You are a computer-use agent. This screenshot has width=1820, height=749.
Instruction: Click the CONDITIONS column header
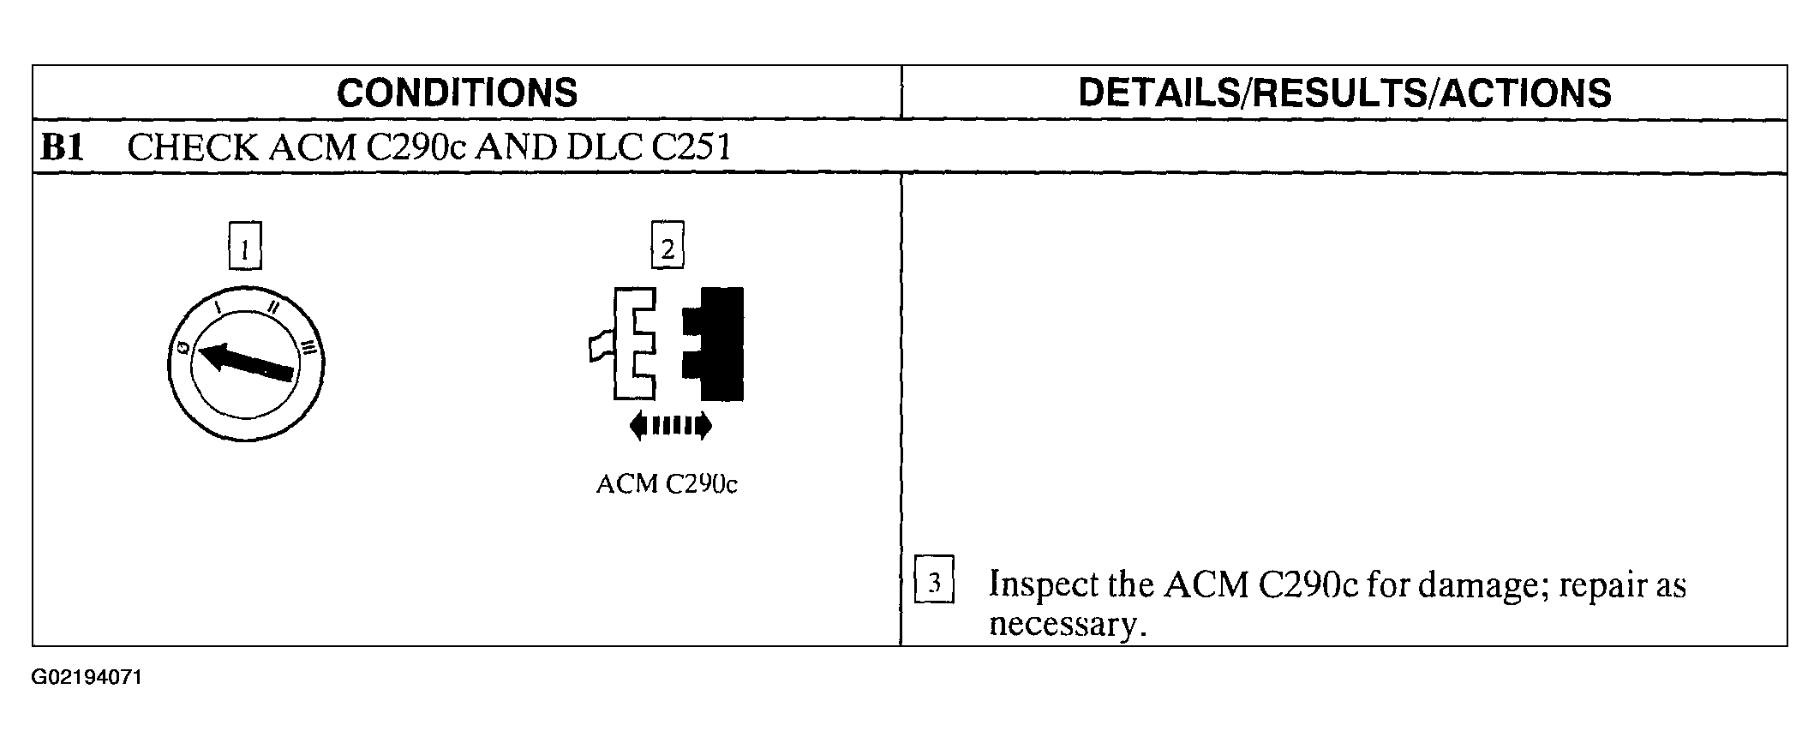(457, 93)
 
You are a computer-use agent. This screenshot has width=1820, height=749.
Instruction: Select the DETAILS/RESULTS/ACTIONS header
(1344, 93)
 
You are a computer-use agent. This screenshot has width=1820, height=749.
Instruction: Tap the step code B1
(62, 147)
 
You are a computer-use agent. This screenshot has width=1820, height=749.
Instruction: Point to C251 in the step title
(691, 147)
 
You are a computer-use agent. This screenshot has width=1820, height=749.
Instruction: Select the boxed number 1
(245, 250)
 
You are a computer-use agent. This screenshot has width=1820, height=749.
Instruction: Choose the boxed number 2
(668, 249)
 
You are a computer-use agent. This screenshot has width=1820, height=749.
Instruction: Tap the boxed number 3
(934, 584)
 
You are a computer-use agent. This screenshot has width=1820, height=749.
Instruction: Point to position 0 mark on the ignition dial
(183, 348)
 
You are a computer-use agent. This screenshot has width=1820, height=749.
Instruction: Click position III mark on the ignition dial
(309, 347)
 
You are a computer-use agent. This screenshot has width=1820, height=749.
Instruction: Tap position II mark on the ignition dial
(274, 307)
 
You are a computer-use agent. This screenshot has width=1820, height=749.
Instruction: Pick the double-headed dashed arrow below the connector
(670, 425)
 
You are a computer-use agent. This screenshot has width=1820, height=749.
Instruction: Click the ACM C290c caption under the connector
(667, 484)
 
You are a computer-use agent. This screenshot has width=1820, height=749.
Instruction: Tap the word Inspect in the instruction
(1042, 584)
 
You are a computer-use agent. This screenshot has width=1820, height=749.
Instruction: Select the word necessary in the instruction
(1065, 624)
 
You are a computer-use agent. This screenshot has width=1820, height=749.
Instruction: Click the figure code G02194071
(87, 678)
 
